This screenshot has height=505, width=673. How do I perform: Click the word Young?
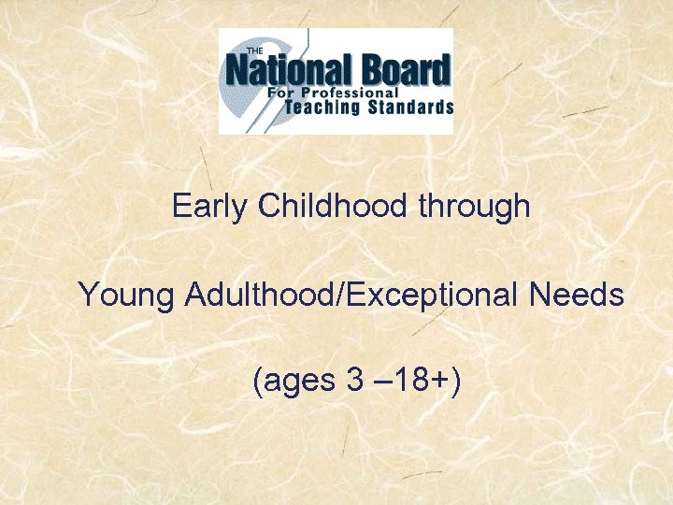point(126,296)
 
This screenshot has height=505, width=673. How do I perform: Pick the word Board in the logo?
point(404,70)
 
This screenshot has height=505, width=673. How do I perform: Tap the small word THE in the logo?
point(254,50)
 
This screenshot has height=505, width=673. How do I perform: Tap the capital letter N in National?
point(239,71)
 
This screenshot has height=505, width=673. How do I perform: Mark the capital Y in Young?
point(90,296)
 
